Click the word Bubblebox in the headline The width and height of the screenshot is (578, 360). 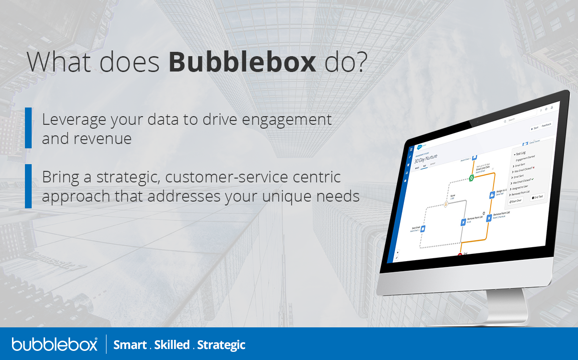tap(242, 62)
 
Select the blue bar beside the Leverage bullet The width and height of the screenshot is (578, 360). tap(28, 128)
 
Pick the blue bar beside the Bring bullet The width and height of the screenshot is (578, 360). tap(28, 186)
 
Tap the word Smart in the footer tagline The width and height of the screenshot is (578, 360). tap(130, 345)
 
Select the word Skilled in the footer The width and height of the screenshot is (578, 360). tap(172, 345)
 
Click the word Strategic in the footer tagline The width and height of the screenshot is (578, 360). tap(221, 345)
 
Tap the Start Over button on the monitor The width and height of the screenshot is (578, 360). tap(516, 201)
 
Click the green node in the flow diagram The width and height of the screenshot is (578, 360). tap(472, 178)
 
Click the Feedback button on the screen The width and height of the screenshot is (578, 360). tap(546, 125)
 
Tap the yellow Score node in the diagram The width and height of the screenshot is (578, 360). tap(446, 204)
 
